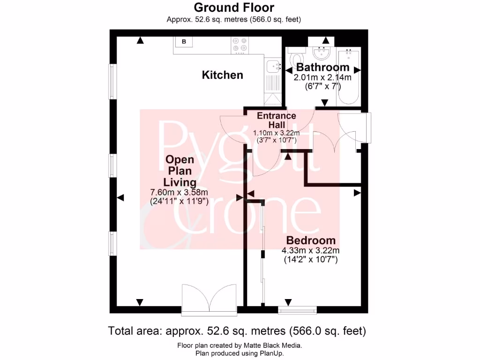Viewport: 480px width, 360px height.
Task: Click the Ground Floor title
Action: coord(233,7)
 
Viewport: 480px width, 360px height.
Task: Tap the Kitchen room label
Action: coord(222,75)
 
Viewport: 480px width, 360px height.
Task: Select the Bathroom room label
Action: coord(322,67)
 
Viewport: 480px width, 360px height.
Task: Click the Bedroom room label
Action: coord(311,240)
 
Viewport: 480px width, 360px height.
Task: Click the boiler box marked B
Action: coord(184,42)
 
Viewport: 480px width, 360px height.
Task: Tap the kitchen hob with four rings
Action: coord(240,44)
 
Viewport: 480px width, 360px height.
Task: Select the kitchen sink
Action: coord(272,67)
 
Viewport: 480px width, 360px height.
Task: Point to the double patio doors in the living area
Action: coord(209,299)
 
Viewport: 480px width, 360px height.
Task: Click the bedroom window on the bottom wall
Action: coord(297,309)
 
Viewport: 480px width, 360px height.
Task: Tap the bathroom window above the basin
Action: coord(321,39)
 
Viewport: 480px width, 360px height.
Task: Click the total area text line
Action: coord(237,331)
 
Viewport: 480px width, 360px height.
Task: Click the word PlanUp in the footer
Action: coord(271,353)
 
